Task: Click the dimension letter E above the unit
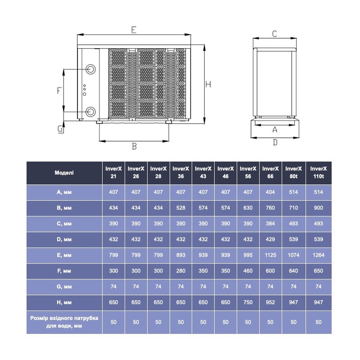[x=134, y=30]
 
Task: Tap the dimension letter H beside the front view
[x=208, y=84]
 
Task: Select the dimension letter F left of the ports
[x=59, y=90]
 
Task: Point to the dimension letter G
[x=60, y=129]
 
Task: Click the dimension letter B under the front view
[x=134, y=146]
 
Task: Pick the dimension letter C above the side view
[x=274, y=33]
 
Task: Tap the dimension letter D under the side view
[x=275, y=142]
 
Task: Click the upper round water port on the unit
[x=91, y=70]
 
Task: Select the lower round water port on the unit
[x=91, y=111]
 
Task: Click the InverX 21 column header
[x=113, y=172]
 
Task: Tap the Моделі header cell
[x=64, y=172]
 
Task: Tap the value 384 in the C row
[x=270, y=224]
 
